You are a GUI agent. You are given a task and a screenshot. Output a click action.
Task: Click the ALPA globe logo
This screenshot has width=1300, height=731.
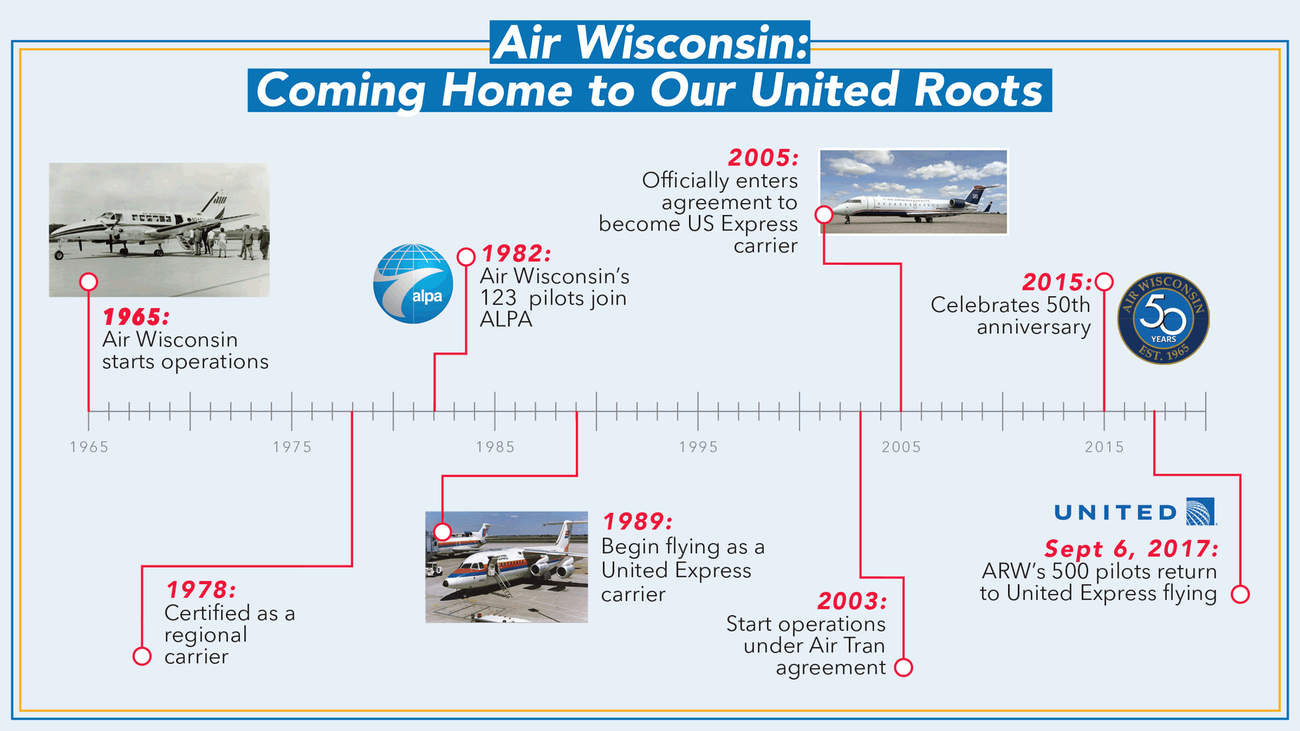tap(413, 284)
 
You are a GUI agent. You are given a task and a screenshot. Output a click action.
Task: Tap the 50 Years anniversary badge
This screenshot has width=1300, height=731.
tap(1163, 318)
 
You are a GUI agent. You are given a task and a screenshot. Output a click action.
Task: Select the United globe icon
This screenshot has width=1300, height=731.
tap(1201, 511)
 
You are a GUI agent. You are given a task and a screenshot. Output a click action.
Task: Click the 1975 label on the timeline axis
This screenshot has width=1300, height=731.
tap(292, 447)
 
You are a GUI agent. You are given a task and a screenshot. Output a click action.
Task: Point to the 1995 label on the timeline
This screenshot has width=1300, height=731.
tap(698, 447)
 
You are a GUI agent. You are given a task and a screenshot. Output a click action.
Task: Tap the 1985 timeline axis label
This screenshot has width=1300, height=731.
tap(495, 447)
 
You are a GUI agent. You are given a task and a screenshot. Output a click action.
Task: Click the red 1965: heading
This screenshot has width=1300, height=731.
tap(136, 317)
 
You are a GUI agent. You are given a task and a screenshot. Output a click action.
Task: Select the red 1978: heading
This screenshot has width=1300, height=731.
tap(201, 590)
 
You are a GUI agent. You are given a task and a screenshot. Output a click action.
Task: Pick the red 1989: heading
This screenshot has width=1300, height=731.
tap(638, 521)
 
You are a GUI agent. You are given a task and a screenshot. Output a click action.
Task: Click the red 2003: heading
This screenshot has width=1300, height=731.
tap(852, 601)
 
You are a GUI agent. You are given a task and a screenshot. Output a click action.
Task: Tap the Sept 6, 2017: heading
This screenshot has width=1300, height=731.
tap(1132, 548)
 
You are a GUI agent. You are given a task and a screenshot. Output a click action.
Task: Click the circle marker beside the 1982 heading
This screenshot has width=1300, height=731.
tap(466, 257)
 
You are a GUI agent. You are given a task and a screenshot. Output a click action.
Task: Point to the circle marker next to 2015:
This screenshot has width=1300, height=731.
tap(1104, 282)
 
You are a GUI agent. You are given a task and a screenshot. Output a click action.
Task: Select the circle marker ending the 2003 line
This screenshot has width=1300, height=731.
tap(903, 667)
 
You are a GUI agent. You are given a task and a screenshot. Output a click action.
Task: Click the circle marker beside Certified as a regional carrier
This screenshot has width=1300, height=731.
tap(142, 656)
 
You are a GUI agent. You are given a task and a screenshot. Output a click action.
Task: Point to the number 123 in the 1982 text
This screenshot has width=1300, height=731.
tap(498, 298)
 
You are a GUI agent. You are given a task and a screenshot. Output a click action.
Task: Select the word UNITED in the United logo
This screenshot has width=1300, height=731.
tap(1115, 513)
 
